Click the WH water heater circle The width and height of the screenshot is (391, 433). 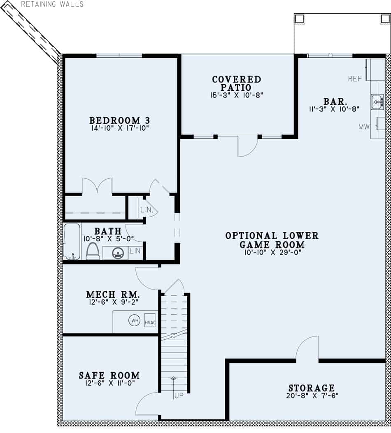click(x=134, y=320)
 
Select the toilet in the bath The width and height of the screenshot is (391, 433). click(x=93, y=251)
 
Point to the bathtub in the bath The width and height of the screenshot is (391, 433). click(x=72, y=242)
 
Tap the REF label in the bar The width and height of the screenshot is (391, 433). click(x=355, y=79)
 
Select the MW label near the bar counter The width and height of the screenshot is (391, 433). click(x=364, y=127)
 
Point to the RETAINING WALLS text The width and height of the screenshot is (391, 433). click(x=52, y=4)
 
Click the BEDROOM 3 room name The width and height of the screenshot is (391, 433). click(x=119, y=120)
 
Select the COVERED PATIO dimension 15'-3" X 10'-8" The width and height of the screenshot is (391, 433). click(x=237, y=95)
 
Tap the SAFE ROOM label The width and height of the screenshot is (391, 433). click(x=109, y=375)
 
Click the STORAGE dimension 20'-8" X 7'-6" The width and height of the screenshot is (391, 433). click(x=311, y=395)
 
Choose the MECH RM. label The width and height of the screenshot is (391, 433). click(x=113, y=295)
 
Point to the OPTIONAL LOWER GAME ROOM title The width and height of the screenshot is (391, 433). click(x=272, y=240)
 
